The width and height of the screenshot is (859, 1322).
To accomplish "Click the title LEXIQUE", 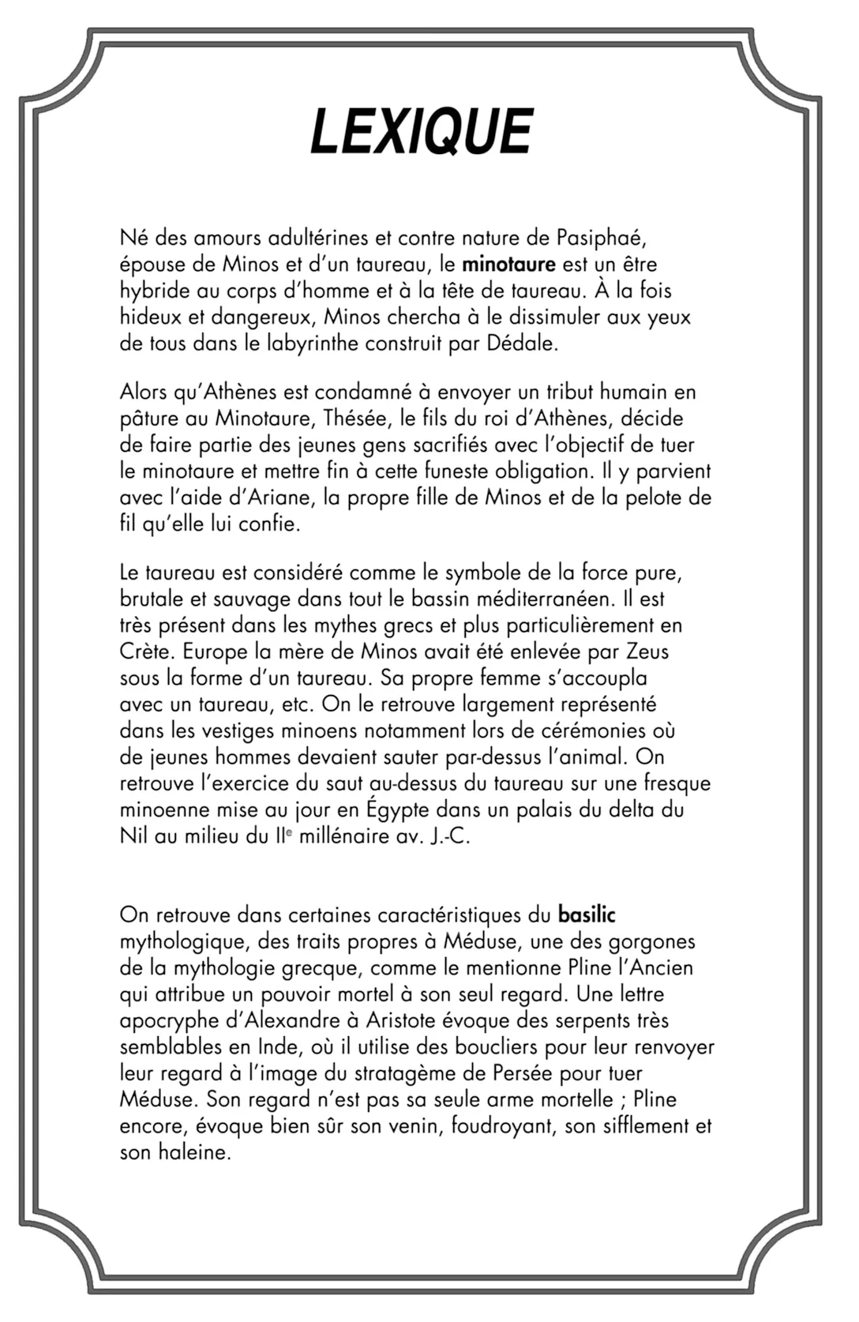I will (422, 132).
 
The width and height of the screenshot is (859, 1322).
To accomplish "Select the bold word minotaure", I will (508, 264).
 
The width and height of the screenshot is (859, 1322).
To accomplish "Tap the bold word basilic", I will (586, 915).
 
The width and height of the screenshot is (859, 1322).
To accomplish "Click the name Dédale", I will (522, 344).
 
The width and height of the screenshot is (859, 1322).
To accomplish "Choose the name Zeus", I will (647, 652).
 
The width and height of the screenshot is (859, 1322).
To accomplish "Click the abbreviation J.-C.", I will (450, 836).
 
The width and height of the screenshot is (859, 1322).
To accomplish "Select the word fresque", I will (677, 783).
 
